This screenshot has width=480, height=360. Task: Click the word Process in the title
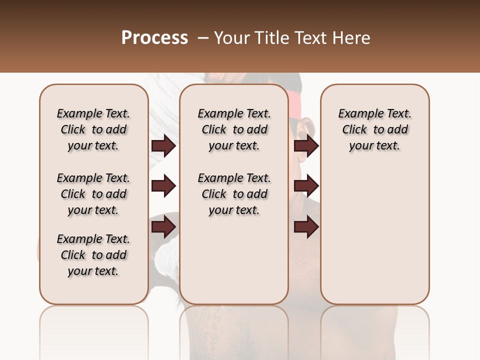(154, 38)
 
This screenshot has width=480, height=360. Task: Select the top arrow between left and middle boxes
(163, 146)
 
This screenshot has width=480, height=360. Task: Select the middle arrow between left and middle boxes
(163, 186)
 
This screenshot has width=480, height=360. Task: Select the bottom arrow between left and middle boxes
(163, 227)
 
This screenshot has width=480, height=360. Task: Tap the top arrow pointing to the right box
(306, 146)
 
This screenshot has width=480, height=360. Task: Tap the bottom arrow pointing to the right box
(306, 227)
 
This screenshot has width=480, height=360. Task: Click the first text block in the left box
(93, 129)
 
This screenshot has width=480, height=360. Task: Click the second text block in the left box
(93, 194)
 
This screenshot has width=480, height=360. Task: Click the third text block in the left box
(93, 255)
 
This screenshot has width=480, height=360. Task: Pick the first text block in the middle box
(234, 129)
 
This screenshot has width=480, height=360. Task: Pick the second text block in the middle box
(234, 194)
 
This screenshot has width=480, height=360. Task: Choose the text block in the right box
(374, 129)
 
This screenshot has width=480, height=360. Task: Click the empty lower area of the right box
(374, 240)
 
